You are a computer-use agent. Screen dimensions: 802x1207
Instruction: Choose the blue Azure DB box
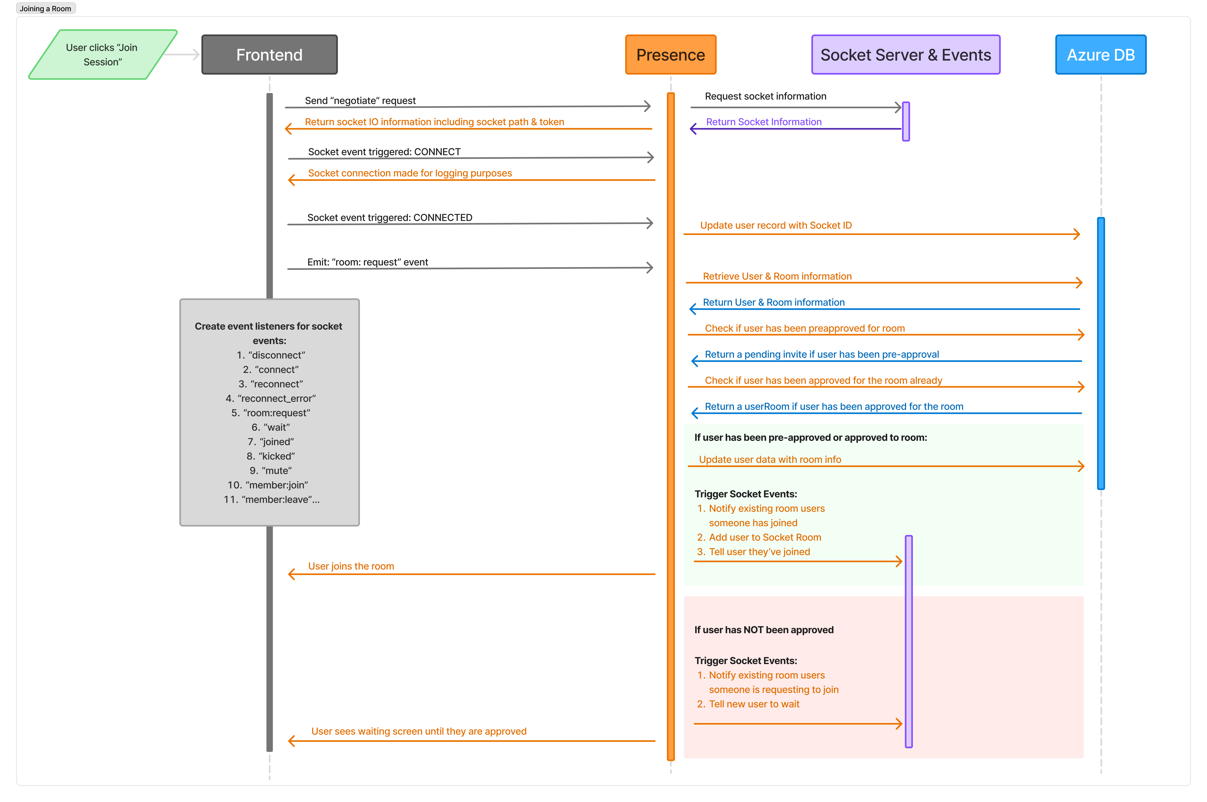(1101, 55)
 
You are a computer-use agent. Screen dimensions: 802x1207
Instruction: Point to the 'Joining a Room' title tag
(46, 9)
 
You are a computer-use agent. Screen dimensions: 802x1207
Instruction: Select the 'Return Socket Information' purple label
(763, 122)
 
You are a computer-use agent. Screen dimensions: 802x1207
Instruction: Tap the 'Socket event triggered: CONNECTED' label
(389, 217)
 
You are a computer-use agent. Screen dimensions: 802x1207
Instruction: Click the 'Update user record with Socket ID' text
(776, 226)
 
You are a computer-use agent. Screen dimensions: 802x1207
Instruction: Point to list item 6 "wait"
(271, 427)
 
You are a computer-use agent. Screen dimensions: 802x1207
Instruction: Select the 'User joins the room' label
(351, 566)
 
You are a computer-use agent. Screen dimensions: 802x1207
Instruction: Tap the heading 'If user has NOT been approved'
(763, 630)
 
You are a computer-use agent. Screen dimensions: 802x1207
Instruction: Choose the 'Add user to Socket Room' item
(764, 537)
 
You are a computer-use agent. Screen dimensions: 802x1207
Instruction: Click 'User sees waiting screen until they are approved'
(419, 731)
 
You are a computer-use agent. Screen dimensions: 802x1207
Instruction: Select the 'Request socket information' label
(765, 96)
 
